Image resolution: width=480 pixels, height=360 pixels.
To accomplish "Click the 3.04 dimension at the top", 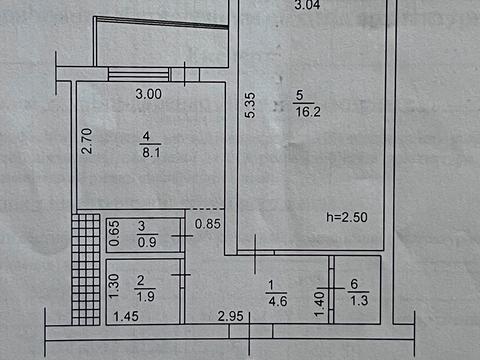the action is [309, 7].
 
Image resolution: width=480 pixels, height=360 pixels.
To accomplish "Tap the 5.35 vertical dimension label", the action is [249, 105].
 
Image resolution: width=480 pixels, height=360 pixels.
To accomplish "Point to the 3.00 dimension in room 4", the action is [148, 95].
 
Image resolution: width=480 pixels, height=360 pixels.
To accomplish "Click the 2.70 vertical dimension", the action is [87, 141].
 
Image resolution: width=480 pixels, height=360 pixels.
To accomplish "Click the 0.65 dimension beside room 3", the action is [113, 233].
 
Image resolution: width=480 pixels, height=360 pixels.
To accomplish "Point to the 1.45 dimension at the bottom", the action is [125, 317].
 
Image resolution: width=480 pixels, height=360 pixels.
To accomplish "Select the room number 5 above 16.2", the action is [299, 97].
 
